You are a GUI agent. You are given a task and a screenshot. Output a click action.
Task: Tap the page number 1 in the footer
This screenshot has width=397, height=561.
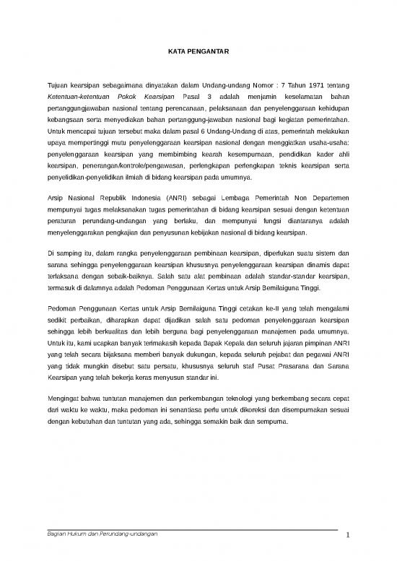347,534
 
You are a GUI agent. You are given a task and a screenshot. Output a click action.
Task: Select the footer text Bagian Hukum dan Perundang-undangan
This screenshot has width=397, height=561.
97,532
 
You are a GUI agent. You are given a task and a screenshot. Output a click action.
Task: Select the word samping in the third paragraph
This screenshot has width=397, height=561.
68,254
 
